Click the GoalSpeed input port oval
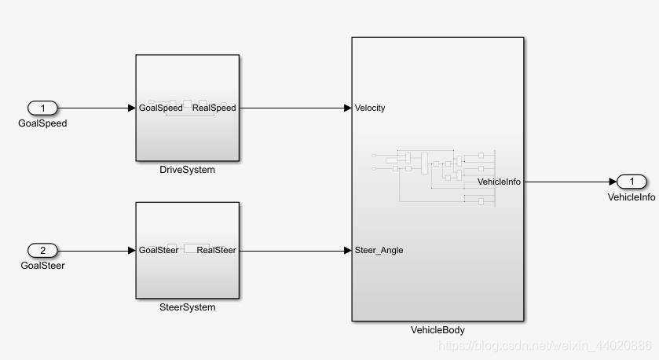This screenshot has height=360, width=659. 43,108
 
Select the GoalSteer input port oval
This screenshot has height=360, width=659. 43,251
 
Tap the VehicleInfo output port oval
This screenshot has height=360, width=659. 631,182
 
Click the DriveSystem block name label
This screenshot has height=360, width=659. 187,170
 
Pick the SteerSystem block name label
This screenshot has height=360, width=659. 187,307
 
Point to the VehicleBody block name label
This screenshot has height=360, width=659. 438,330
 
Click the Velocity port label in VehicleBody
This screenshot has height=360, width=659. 370,108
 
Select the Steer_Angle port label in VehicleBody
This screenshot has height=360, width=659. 379,251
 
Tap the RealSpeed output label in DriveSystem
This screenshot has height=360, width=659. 214,108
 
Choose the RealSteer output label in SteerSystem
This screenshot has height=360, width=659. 216,251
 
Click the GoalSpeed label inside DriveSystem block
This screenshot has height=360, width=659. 160,108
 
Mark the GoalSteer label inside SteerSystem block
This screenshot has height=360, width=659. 159,251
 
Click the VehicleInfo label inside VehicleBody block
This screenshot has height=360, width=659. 499,182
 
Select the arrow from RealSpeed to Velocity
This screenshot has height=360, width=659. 295,108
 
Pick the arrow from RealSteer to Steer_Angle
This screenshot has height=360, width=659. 295,251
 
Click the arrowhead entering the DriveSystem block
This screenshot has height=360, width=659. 131,108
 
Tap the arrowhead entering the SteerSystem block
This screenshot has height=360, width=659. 131,251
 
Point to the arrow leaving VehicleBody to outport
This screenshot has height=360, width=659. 569,182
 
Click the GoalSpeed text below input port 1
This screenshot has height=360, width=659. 43,123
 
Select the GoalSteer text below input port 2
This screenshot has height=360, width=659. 42,266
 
